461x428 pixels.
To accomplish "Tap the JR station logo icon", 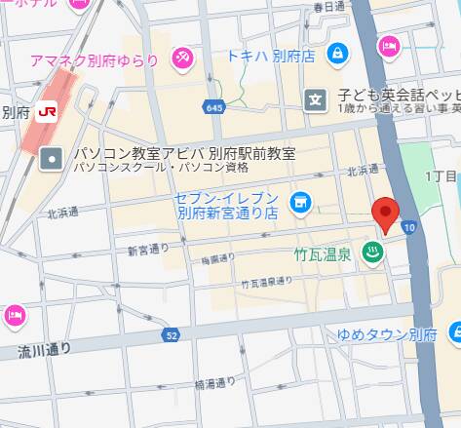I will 46,111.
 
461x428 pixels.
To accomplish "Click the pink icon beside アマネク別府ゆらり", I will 181,60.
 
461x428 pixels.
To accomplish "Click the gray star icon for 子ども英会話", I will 315,98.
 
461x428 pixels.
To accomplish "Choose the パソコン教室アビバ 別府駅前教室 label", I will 185,155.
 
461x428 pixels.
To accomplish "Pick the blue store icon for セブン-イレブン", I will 300,203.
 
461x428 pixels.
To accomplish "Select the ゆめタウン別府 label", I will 386,334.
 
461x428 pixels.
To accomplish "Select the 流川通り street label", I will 44,348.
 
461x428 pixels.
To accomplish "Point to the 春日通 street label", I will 329,6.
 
